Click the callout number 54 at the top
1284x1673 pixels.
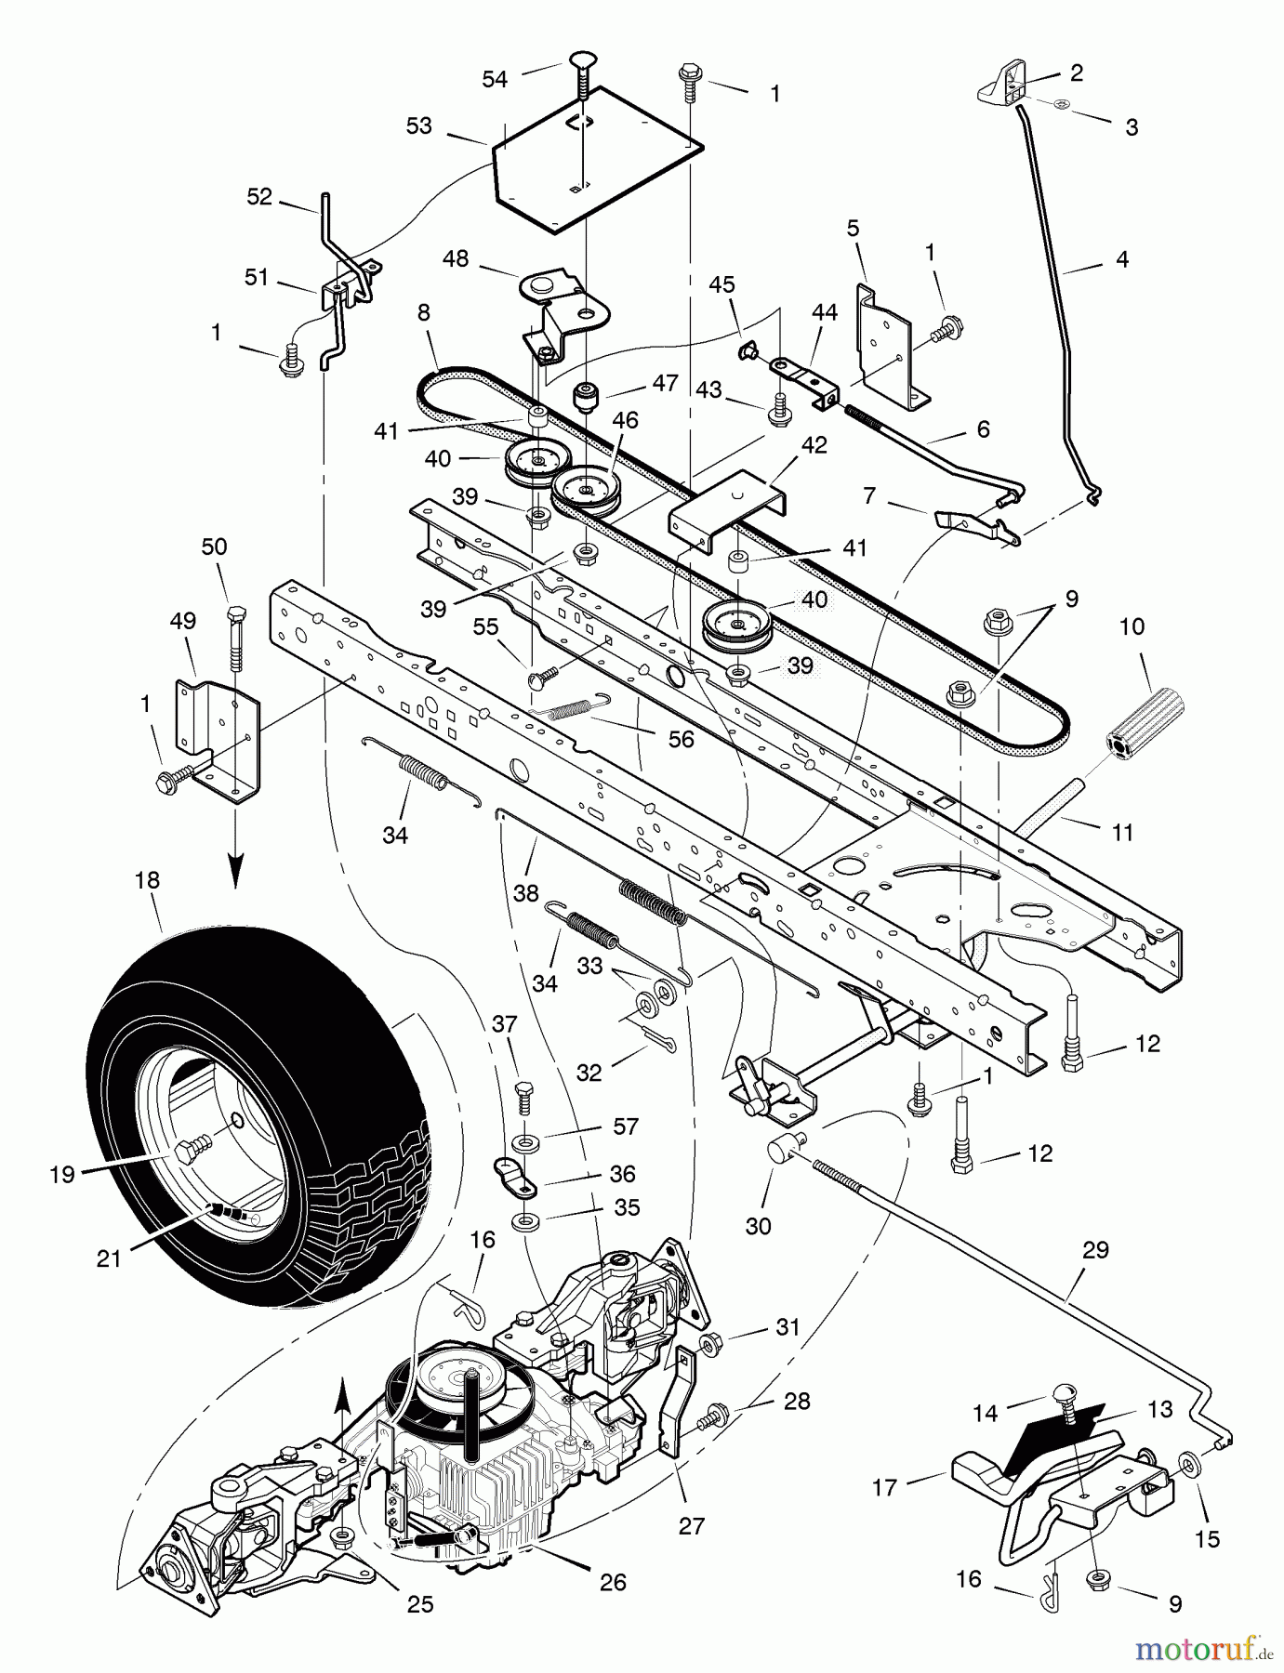point(495,80)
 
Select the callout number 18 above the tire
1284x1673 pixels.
point(147,879)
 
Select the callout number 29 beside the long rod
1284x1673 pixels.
point(1095,1250)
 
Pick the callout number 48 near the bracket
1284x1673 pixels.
point(456,258)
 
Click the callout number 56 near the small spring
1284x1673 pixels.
point(682,740)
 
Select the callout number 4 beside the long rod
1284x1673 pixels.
point(1121,259)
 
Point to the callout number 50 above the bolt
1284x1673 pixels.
point(214,547)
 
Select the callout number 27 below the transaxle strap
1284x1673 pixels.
point(692,1526)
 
